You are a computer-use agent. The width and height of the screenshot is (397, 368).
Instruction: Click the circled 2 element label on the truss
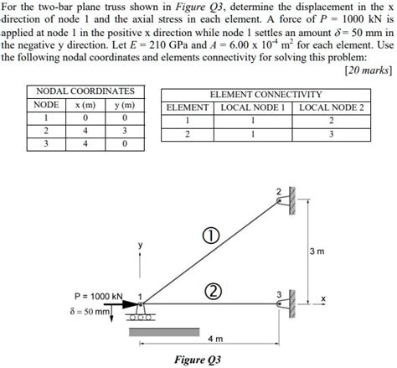[214, 291]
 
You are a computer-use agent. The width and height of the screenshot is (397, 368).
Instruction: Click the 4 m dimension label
[215, 339]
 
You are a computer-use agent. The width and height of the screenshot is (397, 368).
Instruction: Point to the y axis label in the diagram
[141, 244]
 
